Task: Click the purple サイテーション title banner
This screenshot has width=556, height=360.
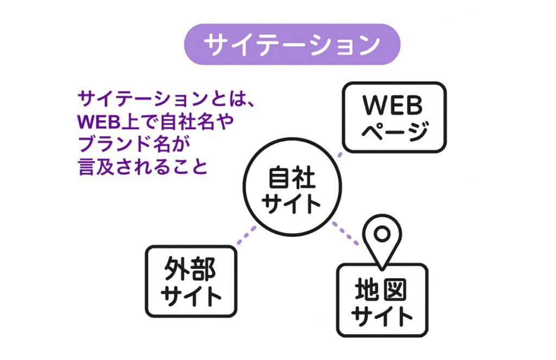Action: (292, 44)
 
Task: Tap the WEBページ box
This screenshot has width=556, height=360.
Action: (394, 116)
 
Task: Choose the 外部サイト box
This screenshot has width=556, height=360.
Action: (191, 281)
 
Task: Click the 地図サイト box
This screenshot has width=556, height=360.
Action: (382, 300)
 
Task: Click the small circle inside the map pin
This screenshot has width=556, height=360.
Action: (382, 234)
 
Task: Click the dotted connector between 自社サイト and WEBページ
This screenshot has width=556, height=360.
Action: (339, 155)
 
